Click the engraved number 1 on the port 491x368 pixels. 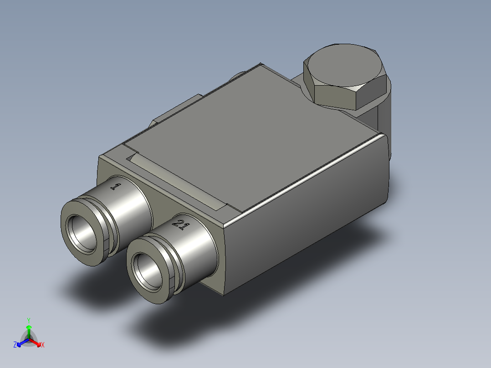coord(116,186)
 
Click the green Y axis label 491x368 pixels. coord(28,320)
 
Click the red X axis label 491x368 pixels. coord(42,345)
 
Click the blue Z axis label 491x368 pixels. coord(15,345)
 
